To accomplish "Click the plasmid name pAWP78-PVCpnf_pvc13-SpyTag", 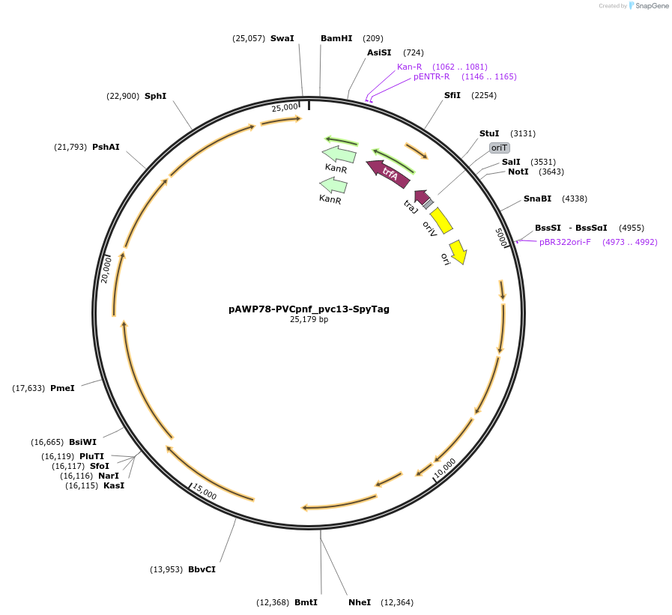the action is coord(309,309).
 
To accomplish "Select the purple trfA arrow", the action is coord(388,174).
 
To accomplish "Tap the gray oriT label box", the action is coord(499,148).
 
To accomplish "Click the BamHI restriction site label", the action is coord(336,38).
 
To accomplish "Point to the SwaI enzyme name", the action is coord(282,38).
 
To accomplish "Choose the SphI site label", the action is coord(155,96).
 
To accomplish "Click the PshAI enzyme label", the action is coord(106,147).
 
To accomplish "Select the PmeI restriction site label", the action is coord(62,388).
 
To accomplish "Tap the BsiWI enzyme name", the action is coord(82,442).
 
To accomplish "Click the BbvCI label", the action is coord(202,569).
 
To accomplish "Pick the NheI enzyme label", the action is coord(360,602).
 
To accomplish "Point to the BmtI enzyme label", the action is coord(306,602).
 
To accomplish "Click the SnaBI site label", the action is coord(537,199).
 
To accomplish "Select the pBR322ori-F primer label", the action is coord(565,242).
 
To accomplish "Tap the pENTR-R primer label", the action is coord(432,76).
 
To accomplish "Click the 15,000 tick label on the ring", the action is coord(205,491).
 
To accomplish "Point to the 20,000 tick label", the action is coord(106,270).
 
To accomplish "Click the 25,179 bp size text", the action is coord(309,319).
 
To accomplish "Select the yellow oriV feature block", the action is coord(441,220).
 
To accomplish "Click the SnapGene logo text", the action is coord(652,5).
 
